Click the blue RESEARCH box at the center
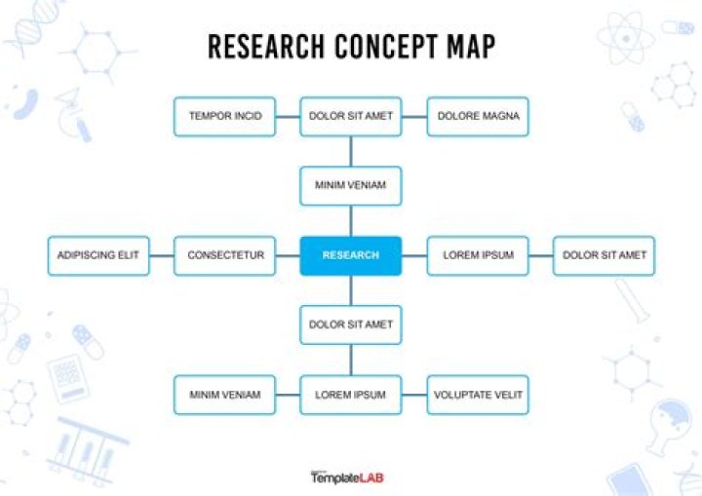351,255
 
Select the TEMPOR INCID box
225,116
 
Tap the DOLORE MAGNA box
478,116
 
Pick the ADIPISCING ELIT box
98,255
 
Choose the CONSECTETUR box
225,255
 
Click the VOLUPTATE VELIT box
478,395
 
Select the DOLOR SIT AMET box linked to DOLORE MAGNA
351,116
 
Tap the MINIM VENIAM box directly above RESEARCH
351,186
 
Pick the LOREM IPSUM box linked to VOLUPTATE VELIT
351,395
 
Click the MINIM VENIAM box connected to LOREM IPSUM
225,395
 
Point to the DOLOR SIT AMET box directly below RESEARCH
351,325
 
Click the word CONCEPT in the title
386,46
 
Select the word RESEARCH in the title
266,46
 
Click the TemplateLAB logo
347,477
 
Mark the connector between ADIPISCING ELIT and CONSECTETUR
162,256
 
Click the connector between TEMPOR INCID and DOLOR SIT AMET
288,117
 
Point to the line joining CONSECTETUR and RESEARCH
288,256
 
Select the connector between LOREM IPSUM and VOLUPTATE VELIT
414,396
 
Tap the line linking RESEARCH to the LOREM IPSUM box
414,256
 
